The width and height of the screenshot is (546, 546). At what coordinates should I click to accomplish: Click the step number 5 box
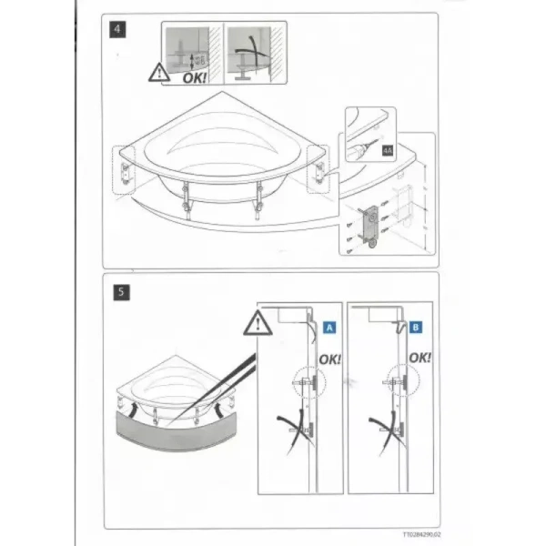click(122, 294)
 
